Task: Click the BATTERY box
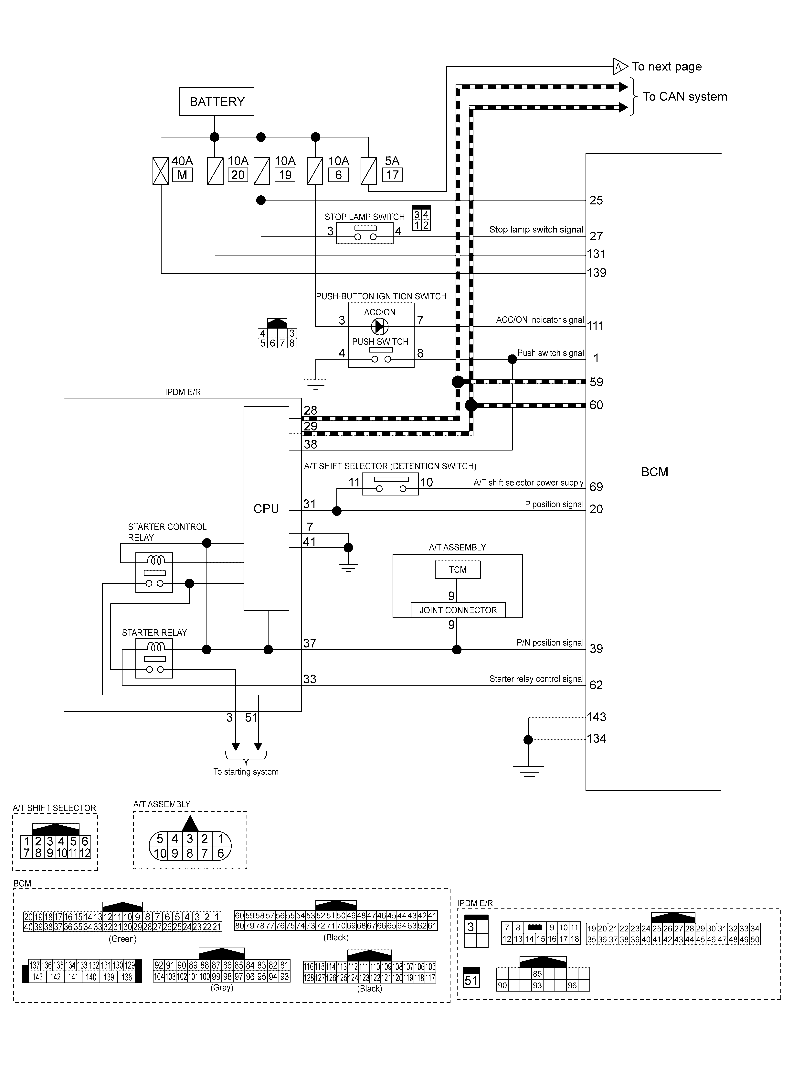(217, 102)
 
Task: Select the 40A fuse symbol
(160, 171)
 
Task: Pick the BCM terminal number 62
(596, 685)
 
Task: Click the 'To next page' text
(667, 67)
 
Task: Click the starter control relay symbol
(154, 572)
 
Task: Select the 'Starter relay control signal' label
(536, 679)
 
